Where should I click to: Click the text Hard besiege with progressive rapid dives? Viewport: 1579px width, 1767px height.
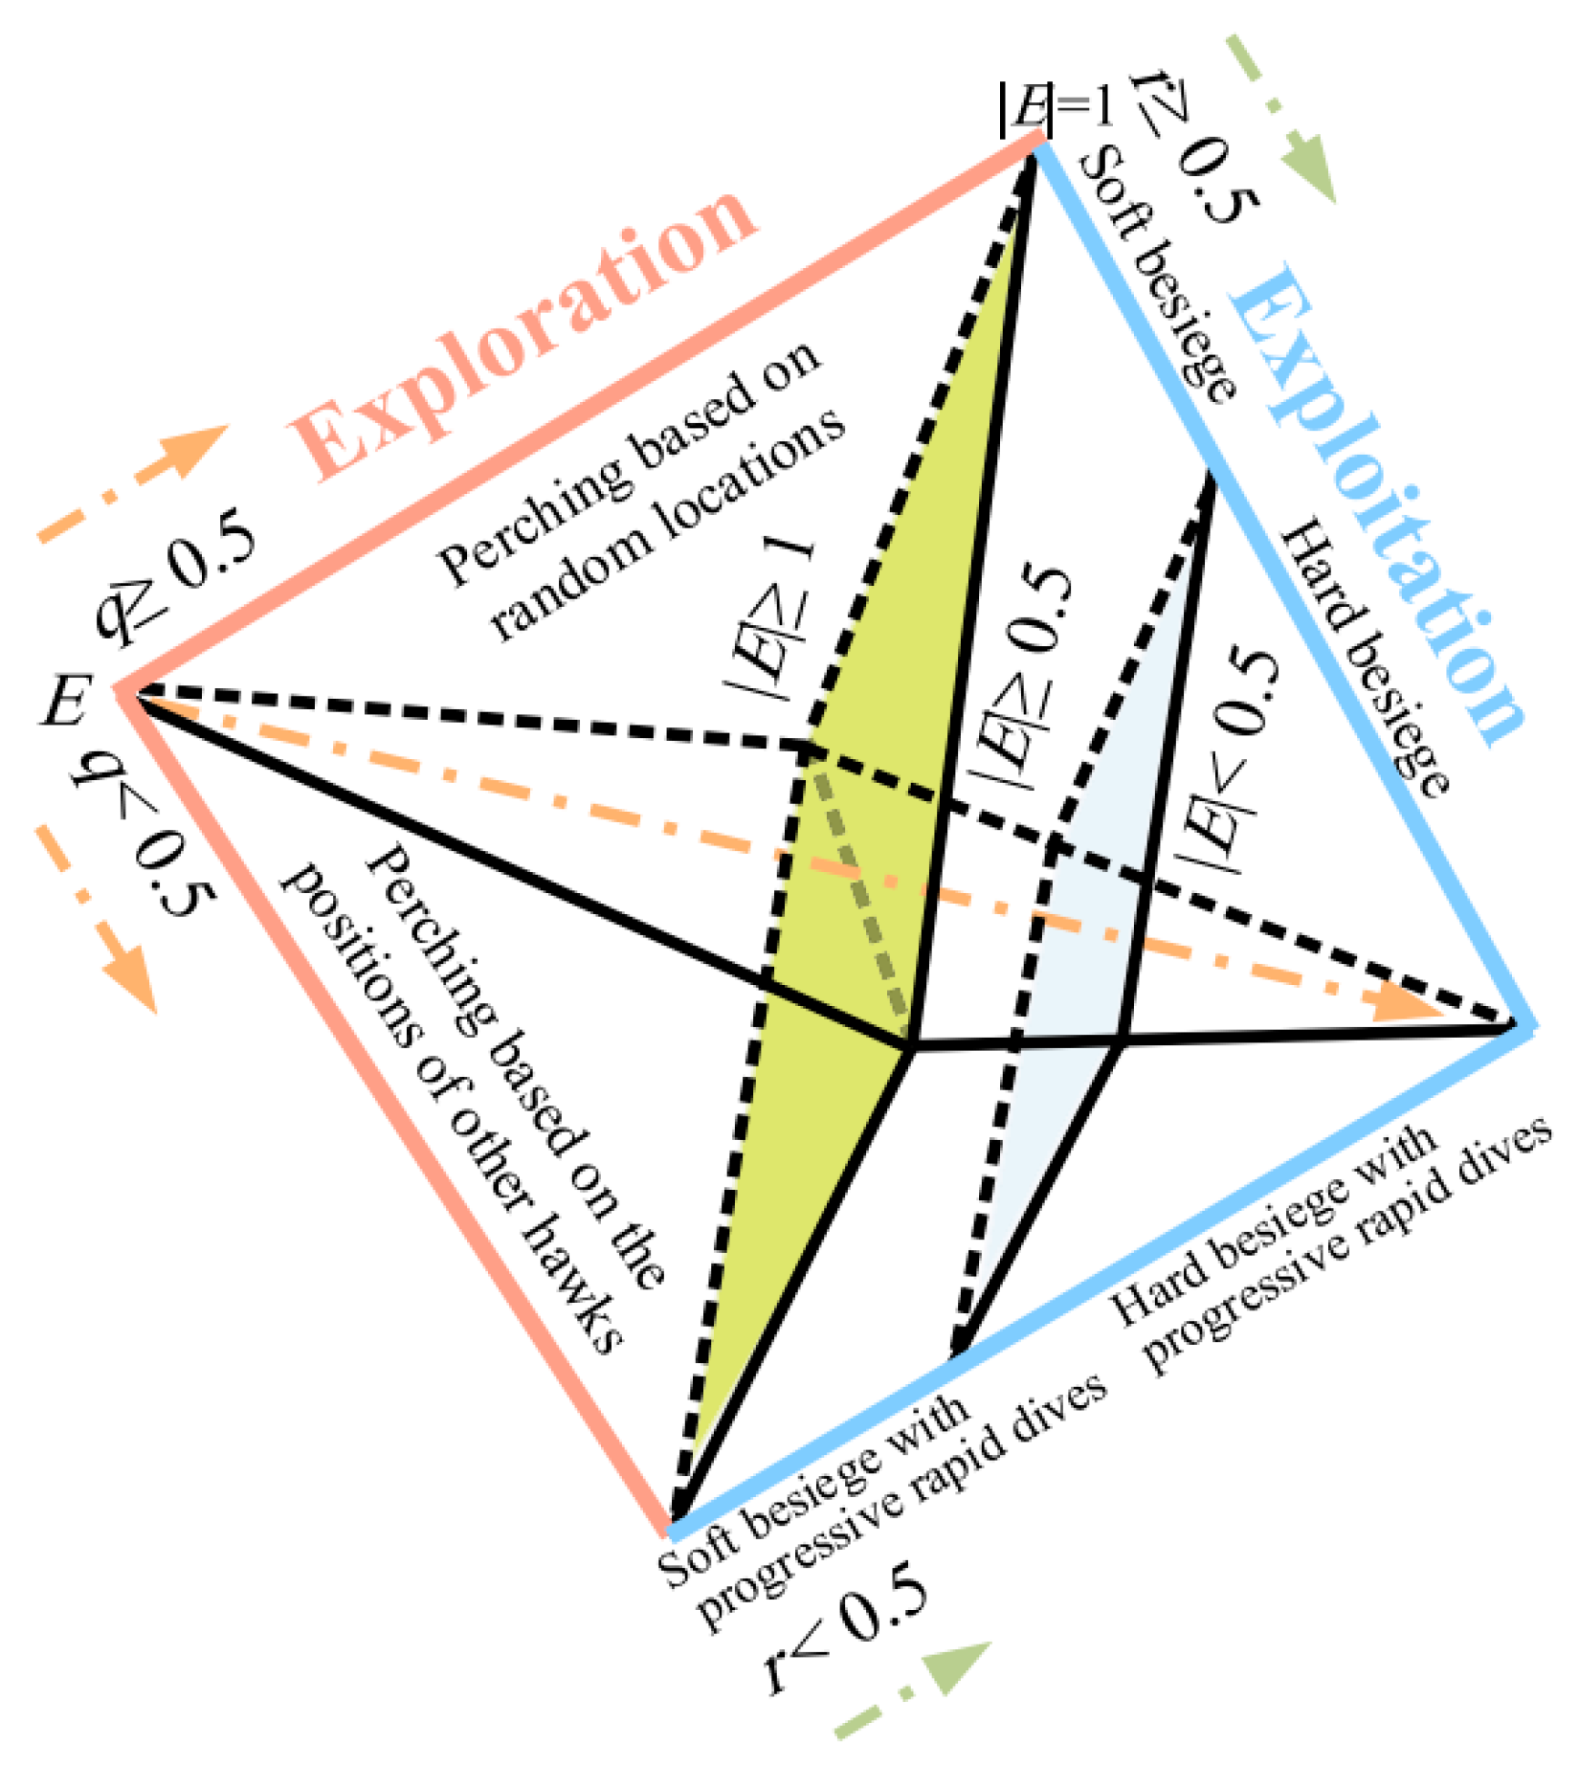pyautogui.click(x=1330, y=1244)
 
